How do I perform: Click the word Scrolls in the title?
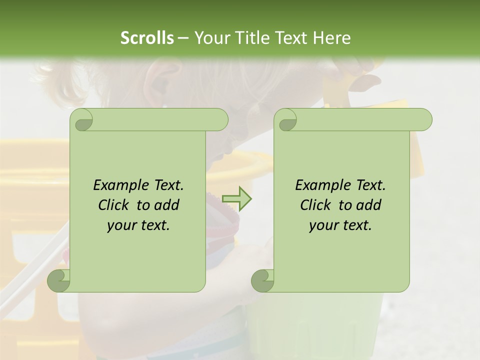coord(147,38)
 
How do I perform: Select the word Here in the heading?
coord(331,38)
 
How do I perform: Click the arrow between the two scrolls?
coord(236,198)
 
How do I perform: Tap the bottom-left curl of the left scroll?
coord(59,280)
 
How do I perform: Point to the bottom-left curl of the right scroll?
coord(262,280)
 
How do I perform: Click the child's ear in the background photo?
coord(159,85)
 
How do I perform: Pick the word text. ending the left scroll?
coord(153,225)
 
